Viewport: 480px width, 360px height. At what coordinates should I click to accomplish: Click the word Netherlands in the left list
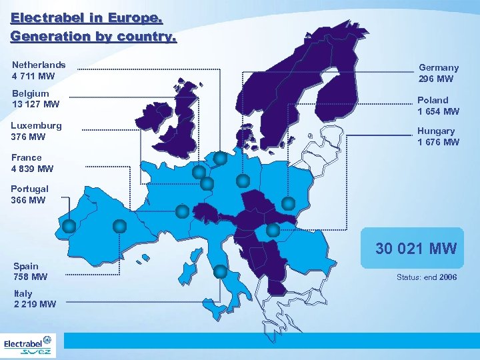click(x=39, y=65)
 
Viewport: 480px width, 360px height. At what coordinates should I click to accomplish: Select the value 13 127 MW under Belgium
click(x=35, y=104)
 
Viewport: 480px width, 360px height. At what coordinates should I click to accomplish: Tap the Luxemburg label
click(x=36, y=125)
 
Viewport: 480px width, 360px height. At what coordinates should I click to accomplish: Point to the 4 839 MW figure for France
click(x=32, y=169)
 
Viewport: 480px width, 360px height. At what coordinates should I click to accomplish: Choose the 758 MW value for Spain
click(x=31, y=277)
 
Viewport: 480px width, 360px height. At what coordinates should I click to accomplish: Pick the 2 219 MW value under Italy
click(x=35, y=304)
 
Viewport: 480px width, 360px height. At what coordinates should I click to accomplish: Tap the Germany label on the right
click(x=439, y=67)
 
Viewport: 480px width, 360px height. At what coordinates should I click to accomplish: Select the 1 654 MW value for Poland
click(x=438, y=111)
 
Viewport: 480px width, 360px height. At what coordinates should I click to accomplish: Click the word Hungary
click(x=436, y=131)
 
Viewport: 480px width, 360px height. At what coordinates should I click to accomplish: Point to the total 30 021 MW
click(x=416, y=249)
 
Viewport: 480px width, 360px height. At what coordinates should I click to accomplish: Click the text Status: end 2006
click(x=427, y=277)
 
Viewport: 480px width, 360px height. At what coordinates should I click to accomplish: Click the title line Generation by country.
click(x=93, y=37)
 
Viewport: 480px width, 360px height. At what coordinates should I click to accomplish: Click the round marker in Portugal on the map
click(x=69, y=226)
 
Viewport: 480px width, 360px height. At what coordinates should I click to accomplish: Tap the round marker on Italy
click(x=221, y=271)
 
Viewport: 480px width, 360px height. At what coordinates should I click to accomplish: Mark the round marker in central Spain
click(x=119, y=226)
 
